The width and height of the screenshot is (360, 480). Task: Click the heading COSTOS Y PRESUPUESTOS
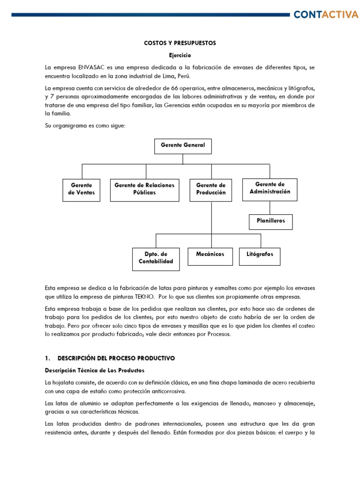point(180,43)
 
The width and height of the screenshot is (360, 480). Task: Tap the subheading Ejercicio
point(180,55)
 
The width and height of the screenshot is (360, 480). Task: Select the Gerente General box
point(183,146)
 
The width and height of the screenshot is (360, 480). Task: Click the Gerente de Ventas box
point(82,189)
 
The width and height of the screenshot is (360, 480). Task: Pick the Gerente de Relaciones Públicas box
point(144,189)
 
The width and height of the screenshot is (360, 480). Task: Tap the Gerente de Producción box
point(210,189)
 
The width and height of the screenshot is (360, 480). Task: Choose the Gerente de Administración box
point(270,188)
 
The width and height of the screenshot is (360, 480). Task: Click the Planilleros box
point(270,221)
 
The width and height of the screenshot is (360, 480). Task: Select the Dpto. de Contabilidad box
point(156,258)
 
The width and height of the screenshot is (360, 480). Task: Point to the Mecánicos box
point(210,255)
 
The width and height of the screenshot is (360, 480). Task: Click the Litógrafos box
point(260,255)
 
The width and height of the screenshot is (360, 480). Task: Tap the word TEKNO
point(147,297)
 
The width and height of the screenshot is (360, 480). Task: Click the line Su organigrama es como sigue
point(85,126)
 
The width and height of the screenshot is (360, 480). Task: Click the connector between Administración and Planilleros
point(270,208)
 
